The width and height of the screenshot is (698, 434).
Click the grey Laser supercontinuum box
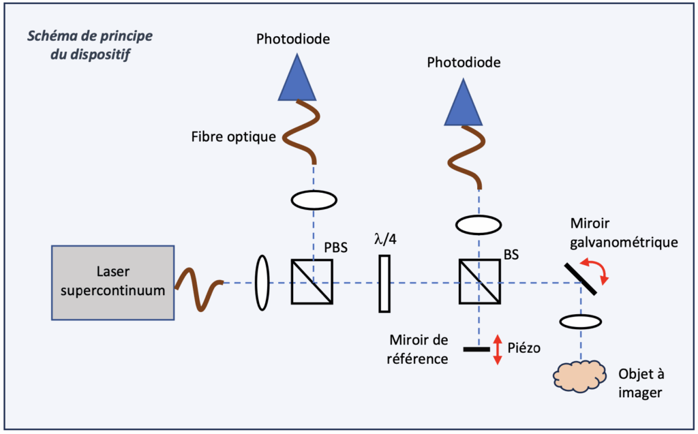112,283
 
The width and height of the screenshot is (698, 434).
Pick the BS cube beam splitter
479,282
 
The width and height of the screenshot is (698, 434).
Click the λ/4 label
384,240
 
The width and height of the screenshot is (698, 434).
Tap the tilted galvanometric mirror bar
581,278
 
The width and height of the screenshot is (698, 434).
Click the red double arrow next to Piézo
497,350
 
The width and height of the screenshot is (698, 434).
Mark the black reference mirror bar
476,350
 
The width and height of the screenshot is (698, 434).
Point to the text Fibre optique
234,137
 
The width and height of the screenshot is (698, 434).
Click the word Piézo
524,348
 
